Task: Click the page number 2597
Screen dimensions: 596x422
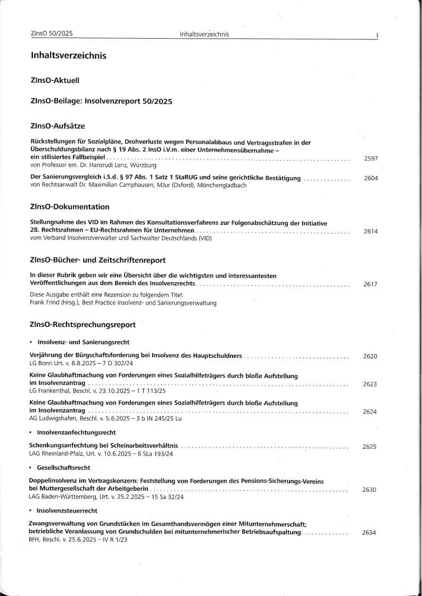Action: [371, 158]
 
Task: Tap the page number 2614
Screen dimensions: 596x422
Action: [370, 231]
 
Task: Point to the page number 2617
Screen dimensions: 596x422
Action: [370, 284]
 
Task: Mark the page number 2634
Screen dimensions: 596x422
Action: [369, 533]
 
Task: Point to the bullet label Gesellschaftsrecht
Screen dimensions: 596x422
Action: [63, 467]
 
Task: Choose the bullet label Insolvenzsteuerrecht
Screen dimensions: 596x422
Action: [67, 510]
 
